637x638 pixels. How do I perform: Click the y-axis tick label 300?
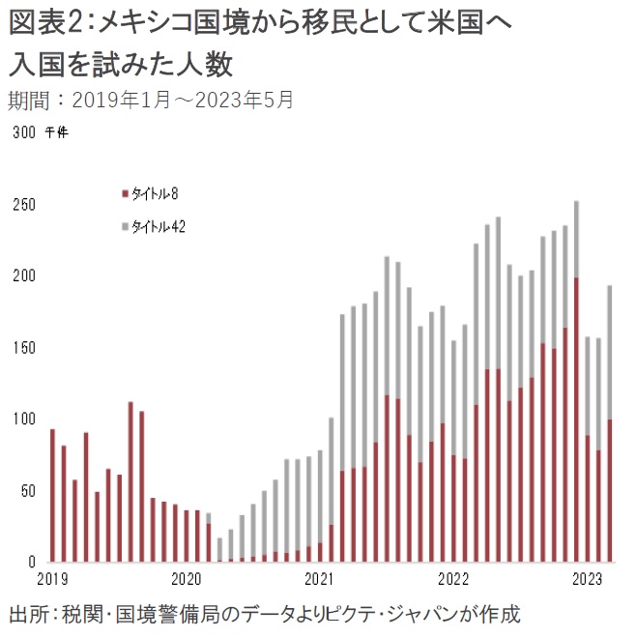[x=24, y=133]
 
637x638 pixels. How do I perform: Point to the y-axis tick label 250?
[x=24, y=206]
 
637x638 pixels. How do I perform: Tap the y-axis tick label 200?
[x=24, y=276]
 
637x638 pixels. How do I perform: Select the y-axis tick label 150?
[x=24, y=348]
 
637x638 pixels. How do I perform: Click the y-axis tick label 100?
[x=24, y=420]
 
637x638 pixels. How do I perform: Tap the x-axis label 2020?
[x=185, y=578]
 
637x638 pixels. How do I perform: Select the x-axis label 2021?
[x=318, y=578]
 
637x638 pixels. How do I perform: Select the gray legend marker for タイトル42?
[x=124, y=226]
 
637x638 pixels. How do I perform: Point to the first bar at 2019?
[x=52, y=495]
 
